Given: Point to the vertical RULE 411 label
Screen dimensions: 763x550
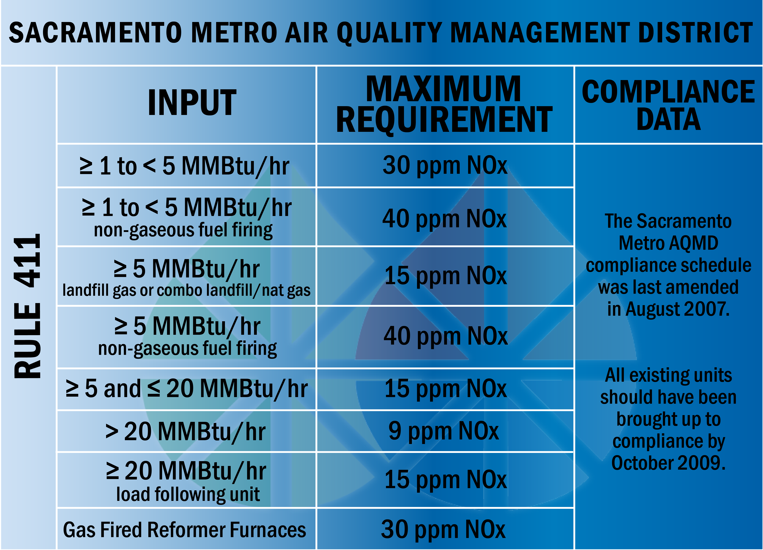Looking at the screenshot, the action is [x=28, y=306].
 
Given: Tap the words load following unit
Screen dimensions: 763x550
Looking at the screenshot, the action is [x=188, y=494].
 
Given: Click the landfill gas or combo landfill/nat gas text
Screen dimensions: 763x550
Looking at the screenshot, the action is [x=186, y=290].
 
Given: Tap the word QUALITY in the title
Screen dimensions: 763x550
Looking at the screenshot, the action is [x=390, y=33].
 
